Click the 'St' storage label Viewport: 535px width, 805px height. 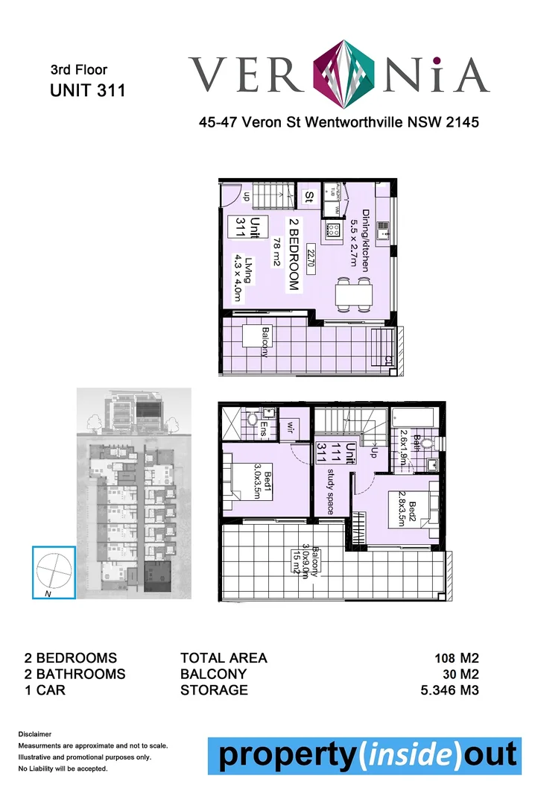(308, 197)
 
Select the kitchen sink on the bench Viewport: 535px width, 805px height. (384, 229)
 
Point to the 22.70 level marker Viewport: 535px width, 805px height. (308, 257)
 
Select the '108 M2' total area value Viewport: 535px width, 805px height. (456, 658)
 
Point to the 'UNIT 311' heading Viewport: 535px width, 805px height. (87, 91)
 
